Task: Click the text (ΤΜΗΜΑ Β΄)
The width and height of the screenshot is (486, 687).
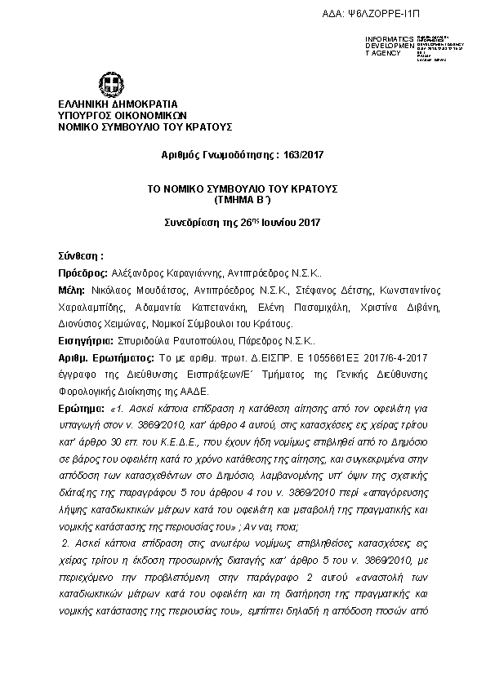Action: click(242, 198)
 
